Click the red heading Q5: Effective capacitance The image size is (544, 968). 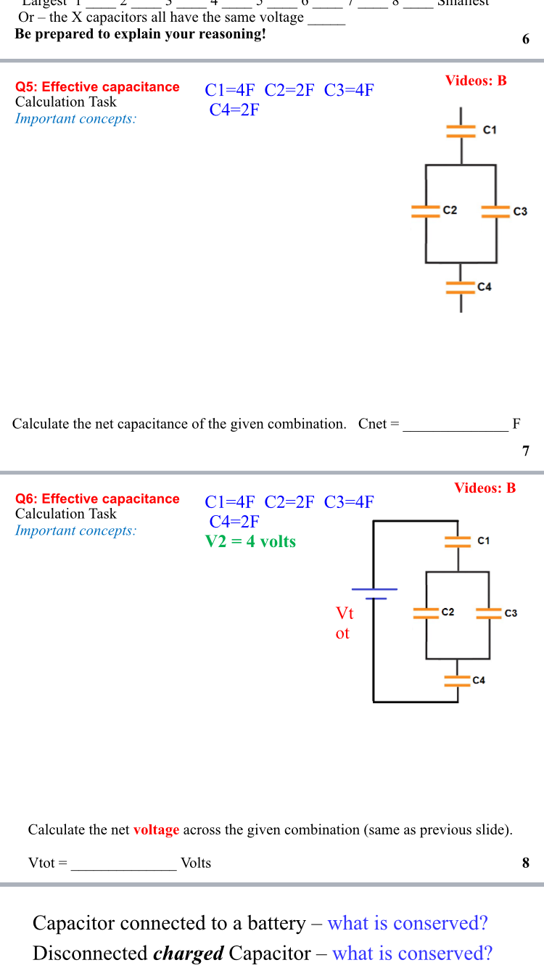[x=97, y=87]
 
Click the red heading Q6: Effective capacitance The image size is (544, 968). [x=97, y=499]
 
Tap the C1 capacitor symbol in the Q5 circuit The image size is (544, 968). [x=461, y=131]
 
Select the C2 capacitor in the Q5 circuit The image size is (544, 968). [x=426, y=211]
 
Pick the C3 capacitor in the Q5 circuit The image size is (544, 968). [x=496, y=211]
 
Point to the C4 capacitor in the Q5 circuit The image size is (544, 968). [x=461, y=287]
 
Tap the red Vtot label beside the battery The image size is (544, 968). [x=344, y=623]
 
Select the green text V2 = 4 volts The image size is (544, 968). [x=250, y=541]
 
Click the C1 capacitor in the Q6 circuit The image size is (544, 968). [x=458, y=541]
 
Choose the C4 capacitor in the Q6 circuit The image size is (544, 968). [x=458, y=680]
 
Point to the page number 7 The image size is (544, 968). [x=526, y=451]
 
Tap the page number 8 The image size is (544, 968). [x=526, y=863]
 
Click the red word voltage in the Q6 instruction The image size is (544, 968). [x=156, y=830]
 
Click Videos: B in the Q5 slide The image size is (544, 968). [x=476, y=81]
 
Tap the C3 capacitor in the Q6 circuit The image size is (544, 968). [x=489, y=613]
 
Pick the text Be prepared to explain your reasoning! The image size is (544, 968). [x=140, y=34]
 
